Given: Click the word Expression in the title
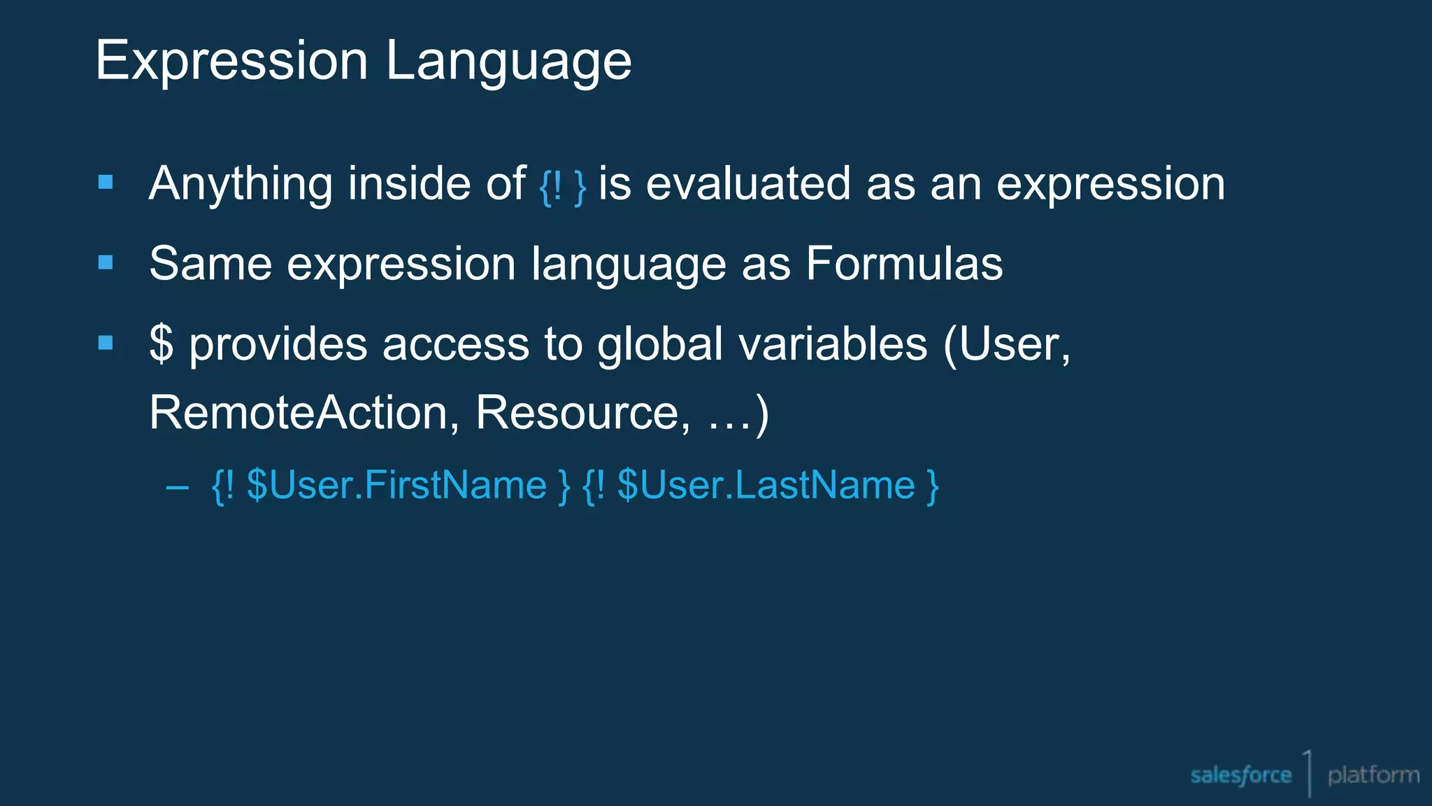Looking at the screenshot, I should coord(231,61).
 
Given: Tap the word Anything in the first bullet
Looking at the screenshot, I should coord(241,185).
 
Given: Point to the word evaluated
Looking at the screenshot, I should coord(748,184).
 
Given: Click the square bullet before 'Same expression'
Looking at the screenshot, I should coord(106,263).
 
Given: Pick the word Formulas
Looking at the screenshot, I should coord(904,264).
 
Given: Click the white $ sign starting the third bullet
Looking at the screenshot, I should coord(162,344).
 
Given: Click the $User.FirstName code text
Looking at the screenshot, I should coord(396,485).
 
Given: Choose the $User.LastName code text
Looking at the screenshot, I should coord(766,485).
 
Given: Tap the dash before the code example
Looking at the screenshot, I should coord(178,487).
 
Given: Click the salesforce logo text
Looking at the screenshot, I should coord(1240,775).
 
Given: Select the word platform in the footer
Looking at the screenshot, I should coord(1373,775).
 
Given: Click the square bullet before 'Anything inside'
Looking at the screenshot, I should coord(106,183).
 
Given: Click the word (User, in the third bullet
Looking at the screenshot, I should coord(1006,344).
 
